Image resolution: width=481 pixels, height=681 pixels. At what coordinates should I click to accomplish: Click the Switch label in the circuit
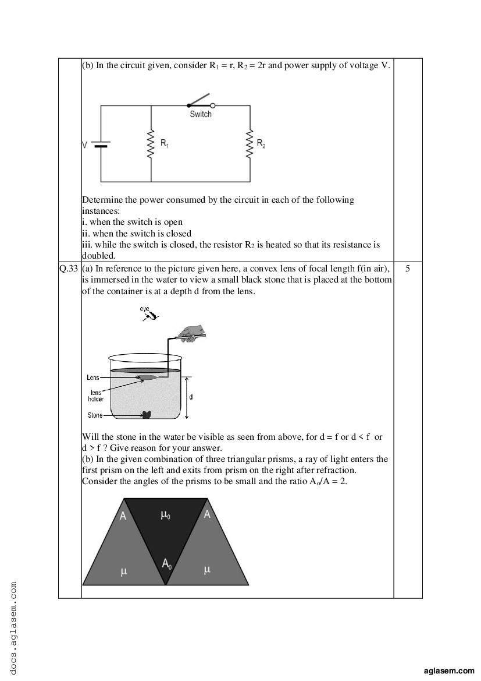[x=201, y=114]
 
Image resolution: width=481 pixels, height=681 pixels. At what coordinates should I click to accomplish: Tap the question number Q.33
[x=69, y=269]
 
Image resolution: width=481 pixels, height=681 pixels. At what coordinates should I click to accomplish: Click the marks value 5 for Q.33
[x=408, y=269]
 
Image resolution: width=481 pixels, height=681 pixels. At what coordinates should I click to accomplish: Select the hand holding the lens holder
[x=193, y=331]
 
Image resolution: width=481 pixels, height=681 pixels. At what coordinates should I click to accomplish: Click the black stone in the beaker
[x=147, y=414]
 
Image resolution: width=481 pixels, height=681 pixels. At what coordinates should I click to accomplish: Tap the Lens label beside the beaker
[x=93, y=377]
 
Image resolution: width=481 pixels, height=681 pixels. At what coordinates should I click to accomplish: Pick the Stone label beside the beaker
[x=95, y=415]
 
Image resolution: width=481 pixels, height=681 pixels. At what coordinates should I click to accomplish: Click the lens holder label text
[x=95, y=396]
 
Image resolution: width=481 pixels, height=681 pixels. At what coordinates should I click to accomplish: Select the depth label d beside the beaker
[x=191, y=397]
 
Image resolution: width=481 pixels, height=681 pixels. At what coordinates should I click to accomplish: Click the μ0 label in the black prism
[x=166, y=515]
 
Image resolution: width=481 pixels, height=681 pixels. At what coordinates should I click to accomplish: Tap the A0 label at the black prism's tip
[x=166, y=563]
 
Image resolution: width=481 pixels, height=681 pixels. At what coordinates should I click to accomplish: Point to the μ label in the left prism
[x=123, y=571]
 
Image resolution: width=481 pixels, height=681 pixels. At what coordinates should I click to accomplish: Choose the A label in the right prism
[x=207, y=514]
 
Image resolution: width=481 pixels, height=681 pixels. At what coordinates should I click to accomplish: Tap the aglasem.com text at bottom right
[x=450, y=671]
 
